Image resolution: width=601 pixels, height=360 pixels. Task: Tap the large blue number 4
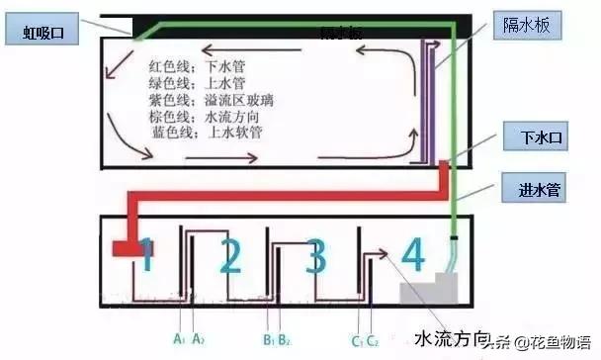[412, 256]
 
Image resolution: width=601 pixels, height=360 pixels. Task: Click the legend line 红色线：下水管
[188, 66]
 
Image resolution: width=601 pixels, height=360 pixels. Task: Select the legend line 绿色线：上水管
[188, 83]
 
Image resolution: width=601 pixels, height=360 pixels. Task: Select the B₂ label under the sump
[286, 315]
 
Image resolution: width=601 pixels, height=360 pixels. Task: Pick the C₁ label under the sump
[356, 315]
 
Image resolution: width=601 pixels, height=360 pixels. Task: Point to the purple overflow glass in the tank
[429, 99]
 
